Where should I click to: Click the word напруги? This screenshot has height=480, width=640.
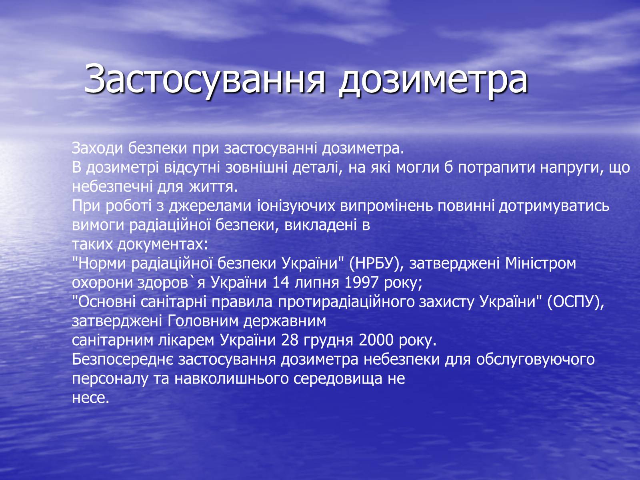[x=572, y=168]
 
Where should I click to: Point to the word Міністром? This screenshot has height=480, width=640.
[x=540, y=264]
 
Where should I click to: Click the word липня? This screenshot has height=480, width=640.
[x=317, y=283]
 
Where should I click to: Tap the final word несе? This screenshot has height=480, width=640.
[x=90, y=398]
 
